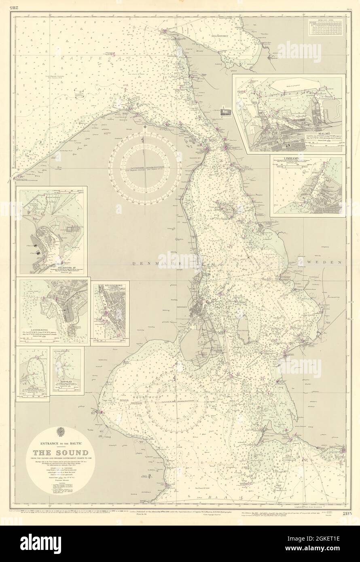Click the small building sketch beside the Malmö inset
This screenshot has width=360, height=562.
(225, 112)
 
